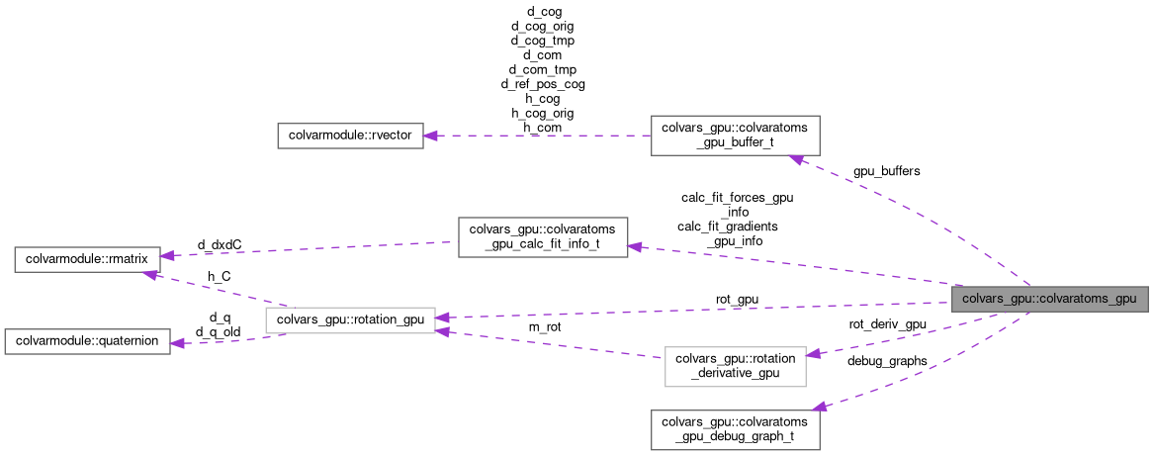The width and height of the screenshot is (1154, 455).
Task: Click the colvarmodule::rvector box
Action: pyautogui.click(x=350, y=136)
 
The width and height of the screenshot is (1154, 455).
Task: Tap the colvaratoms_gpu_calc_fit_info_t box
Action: pyautogui.click(x=543, y=237)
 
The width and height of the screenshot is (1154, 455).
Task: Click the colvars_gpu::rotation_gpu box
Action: pyautogui.click(x=351, y=319)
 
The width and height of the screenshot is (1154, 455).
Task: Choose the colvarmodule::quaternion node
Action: pyautogui.click(x=87, y=341)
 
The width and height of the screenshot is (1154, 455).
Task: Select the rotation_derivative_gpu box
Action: pyautogui.click(x=735, y=366)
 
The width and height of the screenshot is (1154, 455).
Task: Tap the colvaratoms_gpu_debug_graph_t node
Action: pyautogui.click(x=735, y=428)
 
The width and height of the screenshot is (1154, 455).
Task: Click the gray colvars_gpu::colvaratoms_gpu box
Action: pyautogui.click(x=1049, y=299)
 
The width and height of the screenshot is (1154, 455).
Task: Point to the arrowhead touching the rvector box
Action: pyautogui.click(x=432, y=136)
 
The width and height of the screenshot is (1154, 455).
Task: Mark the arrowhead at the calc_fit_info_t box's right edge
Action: pyautogui.click(x=636, y=246)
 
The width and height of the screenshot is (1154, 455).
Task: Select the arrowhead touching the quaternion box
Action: pyautogui.click(x=179, y=343)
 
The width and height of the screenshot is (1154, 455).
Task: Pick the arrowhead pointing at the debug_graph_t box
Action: pyautogui.click(x=817, y=406)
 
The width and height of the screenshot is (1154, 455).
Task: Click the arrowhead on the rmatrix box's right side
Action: pyautogui.click(x=169, y=255)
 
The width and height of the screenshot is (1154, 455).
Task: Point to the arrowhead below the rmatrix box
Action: pyautogui.click(x=149, y=275)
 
